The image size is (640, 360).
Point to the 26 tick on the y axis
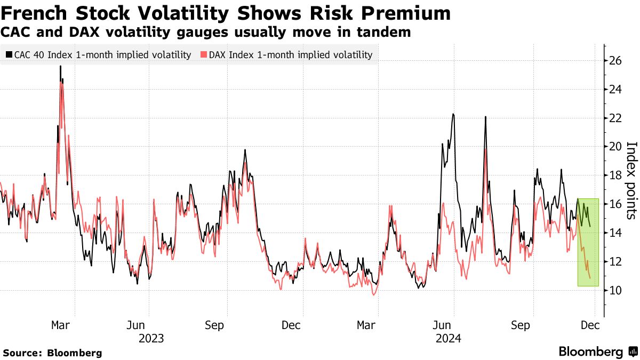[x=616, y=61]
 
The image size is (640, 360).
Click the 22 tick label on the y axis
[x=616, y=118]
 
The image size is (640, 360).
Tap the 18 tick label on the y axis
[x=616, y=175]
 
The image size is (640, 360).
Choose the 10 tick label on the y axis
[x=616, y=290]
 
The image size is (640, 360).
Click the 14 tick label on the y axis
[x=616, y=233]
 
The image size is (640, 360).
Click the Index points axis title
[x=631, y=180]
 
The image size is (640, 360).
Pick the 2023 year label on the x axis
[x=151, y=338]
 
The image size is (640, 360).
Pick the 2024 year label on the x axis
[x=448, y=338]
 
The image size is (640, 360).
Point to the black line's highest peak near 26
[x=60, y=67]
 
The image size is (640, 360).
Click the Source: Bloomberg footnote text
[x=52, y=353]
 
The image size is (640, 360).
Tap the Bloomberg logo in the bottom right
[x=597, y=351]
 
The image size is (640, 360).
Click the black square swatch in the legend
[x=9, y=54]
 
